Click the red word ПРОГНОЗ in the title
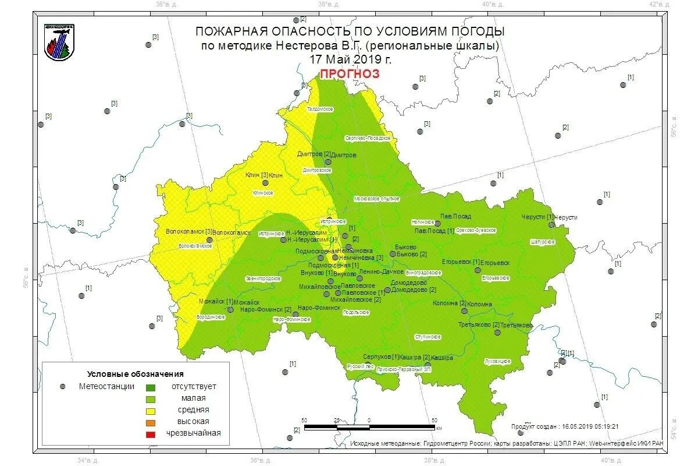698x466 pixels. click(350, 73)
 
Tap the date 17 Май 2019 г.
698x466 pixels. click(350, 59)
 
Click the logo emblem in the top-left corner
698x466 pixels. click(59, 42)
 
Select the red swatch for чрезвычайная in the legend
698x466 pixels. click(151, 433)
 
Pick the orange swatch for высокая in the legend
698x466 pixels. click(151, 422)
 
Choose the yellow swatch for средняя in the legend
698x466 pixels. click(151, 410)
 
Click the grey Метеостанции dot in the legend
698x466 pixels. click(62, 386)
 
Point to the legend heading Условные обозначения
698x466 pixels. click(135, 374)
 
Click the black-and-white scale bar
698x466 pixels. click(369, 427)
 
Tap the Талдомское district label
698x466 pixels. click(320, 109)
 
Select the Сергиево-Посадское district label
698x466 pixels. click(368, 138)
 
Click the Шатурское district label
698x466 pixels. click(542, 242)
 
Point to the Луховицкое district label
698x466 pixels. click(497, 362)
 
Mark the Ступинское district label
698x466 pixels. click(428, 337)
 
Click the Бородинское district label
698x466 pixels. click(211, 317)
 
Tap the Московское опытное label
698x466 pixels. click(376, 199)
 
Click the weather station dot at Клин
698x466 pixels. click(266, 182)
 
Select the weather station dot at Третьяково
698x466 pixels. click(497, 333)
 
